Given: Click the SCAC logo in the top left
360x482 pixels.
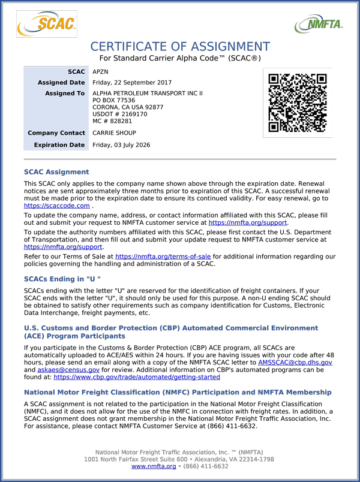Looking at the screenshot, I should pyautogui.click(x=46, y=24).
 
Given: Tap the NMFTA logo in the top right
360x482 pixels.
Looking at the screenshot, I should pyautogui.click(x=319, y=24).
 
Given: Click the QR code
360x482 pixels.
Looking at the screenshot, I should pyautogui.click(x=297, y=103).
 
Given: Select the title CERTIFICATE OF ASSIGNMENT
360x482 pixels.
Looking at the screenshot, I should pyautogui.click(x=180, y=47).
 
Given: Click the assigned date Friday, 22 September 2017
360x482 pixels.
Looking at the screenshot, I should pyautogui.click(x=132, y=83).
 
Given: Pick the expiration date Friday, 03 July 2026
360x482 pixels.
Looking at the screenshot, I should pyautogui.click(x=121, y=145).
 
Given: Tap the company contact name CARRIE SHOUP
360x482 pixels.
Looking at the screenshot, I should pyautogui.click(x=114, y=132).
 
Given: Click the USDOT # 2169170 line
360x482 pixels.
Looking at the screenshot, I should pyautogui.click(x=120, y=114).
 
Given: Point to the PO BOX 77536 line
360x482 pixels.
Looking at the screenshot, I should pyautogui.click(x=114, y=100).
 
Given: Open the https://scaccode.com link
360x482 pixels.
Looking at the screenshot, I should pyautogui.click(x=57, y=206).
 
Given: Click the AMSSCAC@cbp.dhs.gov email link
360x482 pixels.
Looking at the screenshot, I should pyautogui.click(x=295, y=363).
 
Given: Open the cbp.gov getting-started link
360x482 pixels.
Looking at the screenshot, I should pyautogui.click(x=137, y=378).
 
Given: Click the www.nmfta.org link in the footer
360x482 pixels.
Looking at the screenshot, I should pyautogui.click(x=154, y=466).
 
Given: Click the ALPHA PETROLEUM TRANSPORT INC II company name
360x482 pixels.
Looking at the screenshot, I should pyautogui.click(x=148, y=94).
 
